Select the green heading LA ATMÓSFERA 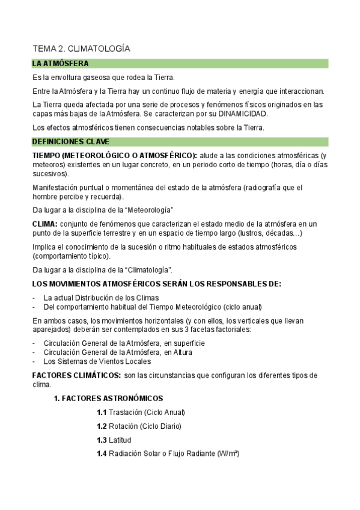coord(61,63)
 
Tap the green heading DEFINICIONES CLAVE coord(70,142)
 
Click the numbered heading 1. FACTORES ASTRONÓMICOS coord(108,398)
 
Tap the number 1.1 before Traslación coord(101,413)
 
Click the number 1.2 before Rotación coord(101,426)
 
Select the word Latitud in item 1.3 coord(120,440)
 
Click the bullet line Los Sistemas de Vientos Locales coord(97,361)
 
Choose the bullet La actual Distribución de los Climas coord(101,298)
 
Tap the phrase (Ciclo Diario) coord(160,426)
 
